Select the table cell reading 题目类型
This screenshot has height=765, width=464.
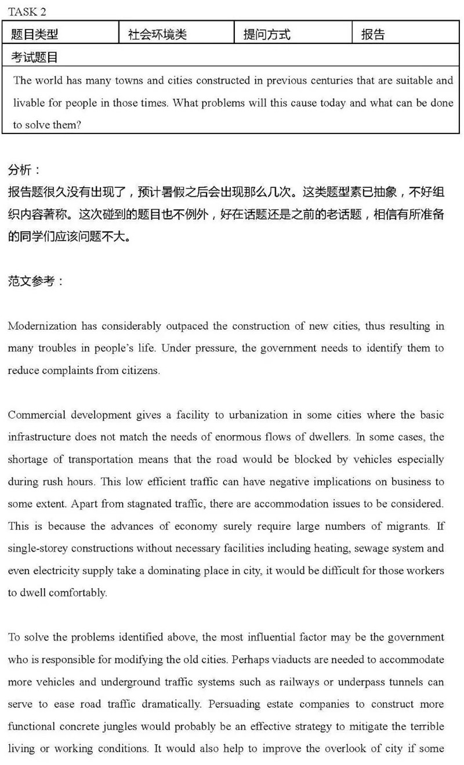click(x=35, y=35)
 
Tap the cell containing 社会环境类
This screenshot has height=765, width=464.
click(x=157, y=35)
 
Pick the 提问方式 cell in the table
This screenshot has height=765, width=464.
click(x=267, y=35)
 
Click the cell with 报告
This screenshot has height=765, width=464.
click(x=373, y=35)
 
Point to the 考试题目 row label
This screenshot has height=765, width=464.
click(x=35, y=57)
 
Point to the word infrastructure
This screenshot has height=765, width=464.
click(x=37, y=437)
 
